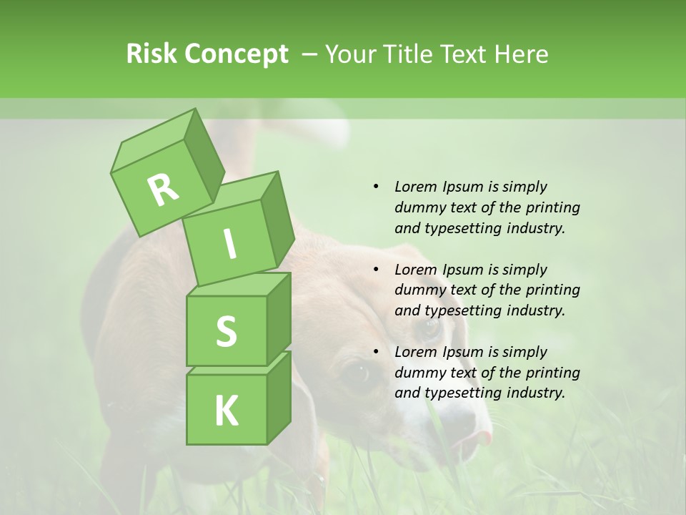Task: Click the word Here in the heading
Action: [522, 54]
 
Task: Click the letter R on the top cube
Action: [163, 190]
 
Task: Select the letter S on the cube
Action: [226, 332]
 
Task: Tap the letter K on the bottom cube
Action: [226, 411]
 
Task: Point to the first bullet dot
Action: [377, 187]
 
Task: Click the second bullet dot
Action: [377, 270]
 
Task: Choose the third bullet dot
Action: [377, 352]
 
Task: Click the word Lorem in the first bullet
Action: [415, 187]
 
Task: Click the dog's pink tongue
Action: [482, 438]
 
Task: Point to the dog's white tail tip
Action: [322, 131]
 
